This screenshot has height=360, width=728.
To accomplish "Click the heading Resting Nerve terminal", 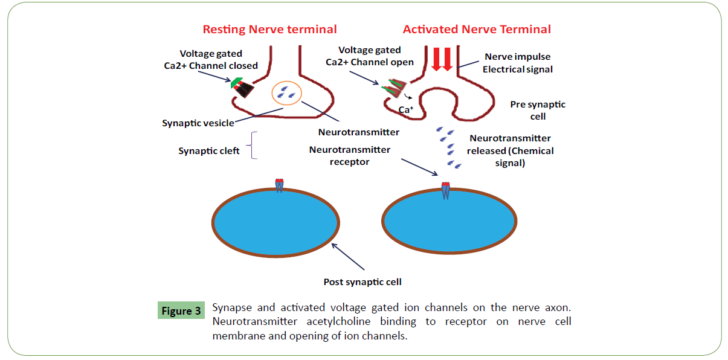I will [x=269, y=29].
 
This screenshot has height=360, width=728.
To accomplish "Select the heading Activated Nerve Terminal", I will [x=477, y=29].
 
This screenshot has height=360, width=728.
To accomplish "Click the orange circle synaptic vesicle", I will [x=286, y=92].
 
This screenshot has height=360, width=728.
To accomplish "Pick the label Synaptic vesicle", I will [x=198, y=123].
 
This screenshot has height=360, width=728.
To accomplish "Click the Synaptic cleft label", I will [x=209, y=150].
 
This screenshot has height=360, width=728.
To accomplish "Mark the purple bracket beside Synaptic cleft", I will [x=254, y=146].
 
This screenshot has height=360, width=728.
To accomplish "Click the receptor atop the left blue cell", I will [x=279, y=184].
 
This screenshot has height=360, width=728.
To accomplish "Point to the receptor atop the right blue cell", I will [x=445, y=190].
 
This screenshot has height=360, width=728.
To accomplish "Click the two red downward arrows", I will [x=442, y=59].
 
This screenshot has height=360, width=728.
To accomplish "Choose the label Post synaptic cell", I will [x=362, y=281].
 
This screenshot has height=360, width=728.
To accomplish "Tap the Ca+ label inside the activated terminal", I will [x=406, y=110].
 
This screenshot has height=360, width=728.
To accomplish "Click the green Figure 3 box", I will [x=181, y=311].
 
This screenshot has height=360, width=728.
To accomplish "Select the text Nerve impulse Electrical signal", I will [x=518, y=63].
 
